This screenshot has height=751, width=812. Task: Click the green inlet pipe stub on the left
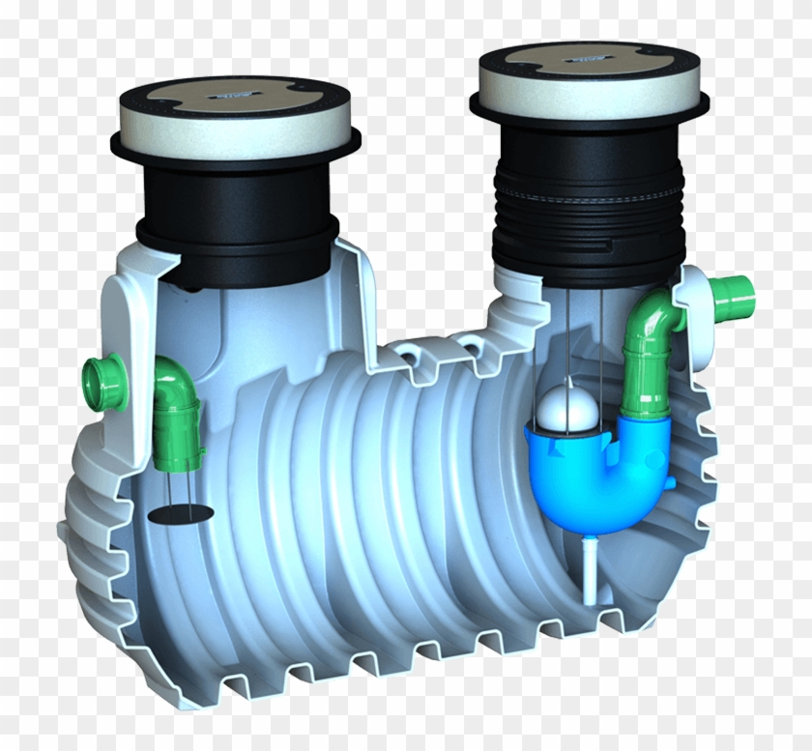click(x=102, y=372)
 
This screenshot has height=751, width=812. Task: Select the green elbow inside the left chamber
click(x=175, y=397)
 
